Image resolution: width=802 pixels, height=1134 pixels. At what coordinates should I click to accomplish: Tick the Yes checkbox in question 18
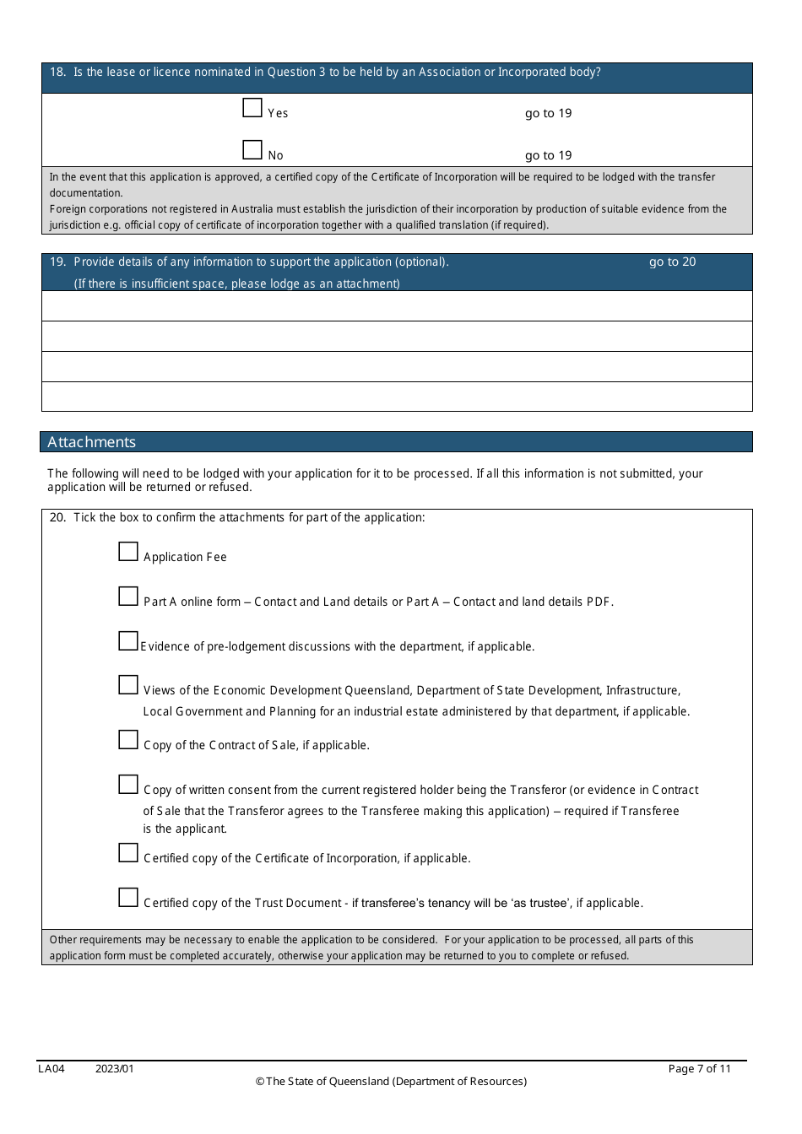(x=252, y=108)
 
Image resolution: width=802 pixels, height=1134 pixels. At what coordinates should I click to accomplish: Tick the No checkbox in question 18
(x=252, y=150)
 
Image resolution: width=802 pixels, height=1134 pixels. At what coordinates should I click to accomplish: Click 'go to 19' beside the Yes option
(x=548, y=113)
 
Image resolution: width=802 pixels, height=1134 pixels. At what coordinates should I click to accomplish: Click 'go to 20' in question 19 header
(x=672, y=262)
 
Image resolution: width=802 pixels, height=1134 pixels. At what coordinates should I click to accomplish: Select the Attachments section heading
(x=91, y=442)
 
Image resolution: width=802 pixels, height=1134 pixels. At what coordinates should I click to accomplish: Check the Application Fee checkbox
(x=128, y=552)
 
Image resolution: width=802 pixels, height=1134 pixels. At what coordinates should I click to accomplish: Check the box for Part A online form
(x=128, y=597)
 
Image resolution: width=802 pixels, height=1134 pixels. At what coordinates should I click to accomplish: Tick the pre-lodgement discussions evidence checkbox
(x=128, y=641)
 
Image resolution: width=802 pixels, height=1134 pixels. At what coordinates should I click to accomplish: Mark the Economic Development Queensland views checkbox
(x=128, y=685)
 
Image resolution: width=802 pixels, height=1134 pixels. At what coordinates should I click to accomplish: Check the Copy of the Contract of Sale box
(x=128, y=740)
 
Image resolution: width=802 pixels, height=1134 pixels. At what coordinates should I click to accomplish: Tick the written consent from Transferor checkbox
(x=128, y=785)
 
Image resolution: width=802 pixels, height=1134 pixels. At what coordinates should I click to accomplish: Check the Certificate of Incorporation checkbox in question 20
(x=128, y=853)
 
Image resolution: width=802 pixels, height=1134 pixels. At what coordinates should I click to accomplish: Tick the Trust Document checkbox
(x=128, y=898)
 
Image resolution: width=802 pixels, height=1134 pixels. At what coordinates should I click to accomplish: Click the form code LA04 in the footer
(x=51, y=1069)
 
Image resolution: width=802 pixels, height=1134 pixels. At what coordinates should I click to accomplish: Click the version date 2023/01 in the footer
(x=115, y=1069)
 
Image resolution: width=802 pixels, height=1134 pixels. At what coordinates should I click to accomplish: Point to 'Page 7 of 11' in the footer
(x=699, y=1069)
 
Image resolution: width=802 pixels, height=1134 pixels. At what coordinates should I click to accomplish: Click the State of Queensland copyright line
(x=391, y=1082)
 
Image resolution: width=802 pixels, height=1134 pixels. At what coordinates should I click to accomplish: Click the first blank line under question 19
(x=397, y=306)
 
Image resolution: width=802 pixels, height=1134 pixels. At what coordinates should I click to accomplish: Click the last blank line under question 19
(x=397, y=397)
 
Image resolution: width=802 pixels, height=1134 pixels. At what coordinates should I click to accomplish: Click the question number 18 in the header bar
(x=57, y=73)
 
